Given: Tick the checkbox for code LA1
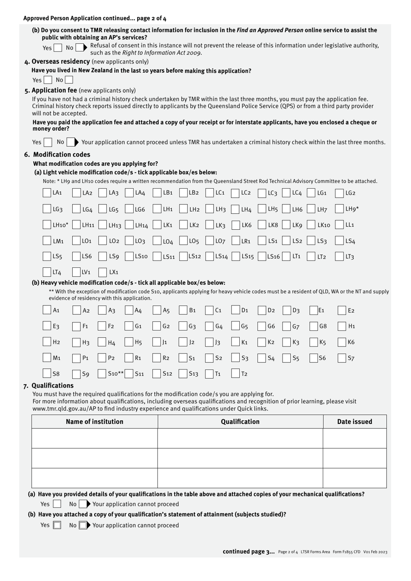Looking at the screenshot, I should (47, 193).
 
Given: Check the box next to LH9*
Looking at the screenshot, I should (339, 209).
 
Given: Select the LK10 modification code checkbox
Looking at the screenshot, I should (311, 225).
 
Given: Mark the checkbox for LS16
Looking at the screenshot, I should (262, 257).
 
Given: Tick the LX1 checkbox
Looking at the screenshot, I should (103, 272).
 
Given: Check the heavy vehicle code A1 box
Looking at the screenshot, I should (47, 310).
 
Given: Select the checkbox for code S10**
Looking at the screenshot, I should (103, 374).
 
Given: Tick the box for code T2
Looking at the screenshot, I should (235, 374).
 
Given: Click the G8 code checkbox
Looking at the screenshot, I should (314, 326).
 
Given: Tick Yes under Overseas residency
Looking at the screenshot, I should (48, 80).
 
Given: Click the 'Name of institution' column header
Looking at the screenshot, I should (94, 422).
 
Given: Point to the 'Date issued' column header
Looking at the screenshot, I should (354, 422).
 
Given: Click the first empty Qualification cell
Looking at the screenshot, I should (240, 438).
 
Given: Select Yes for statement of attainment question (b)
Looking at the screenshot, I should (57, 525).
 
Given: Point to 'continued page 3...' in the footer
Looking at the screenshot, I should (248, 552).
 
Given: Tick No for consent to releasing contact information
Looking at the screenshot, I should (80, 48).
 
